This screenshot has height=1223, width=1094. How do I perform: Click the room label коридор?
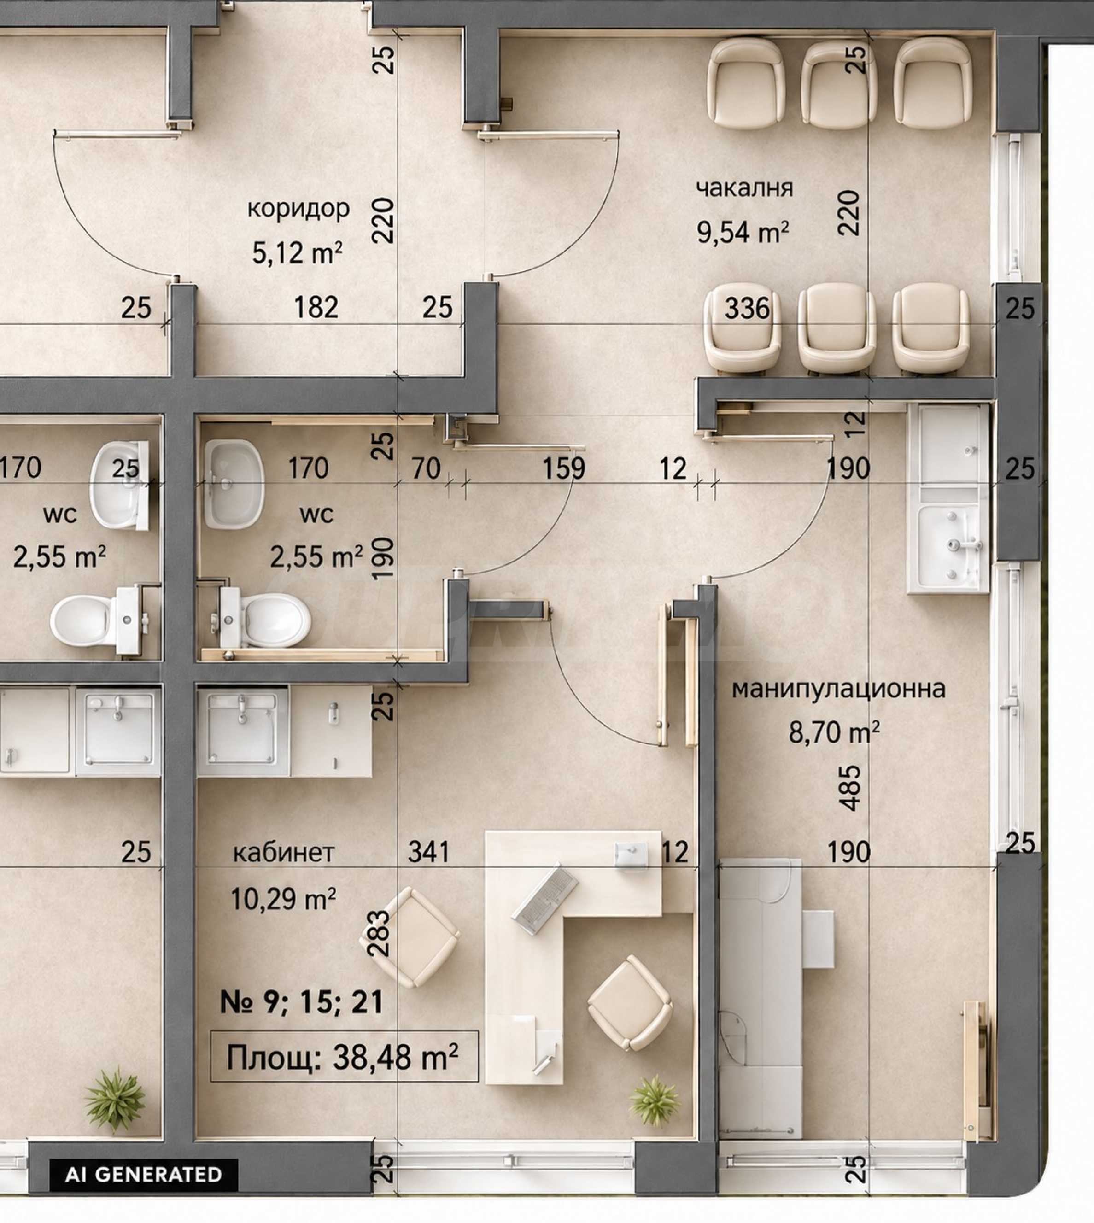tap(298, 209)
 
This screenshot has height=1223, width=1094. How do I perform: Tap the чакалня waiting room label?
tap(744, 188)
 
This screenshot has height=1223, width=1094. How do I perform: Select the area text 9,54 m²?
tap(743, 231)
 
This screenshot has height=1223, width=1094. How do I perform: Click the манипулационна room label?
tap(838, 689)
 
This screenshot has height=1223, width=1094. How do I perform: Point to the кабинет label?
tap(284, 853)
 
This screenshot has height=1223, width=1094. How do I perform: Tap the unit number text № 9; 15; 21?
tap(302, 1002)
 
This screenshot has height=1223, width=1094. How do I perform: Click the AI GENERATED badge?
tap(144, 1174)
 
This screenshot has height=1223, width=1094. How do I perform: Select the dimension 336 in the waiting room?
tap(747, 308)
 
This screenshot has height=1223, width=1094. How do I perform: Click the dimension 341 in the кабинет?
tap(428, 852)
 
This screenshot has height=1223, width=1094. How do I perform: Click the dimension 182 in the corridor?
tap(316, 308)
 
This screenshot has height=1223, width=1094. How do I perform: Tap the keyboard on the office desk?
tap(544, 899)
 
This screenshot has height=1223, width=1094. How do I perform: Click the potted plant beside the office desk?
tap(655, 1100)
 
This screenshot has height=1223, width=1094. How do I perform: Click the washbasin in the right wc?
tap(234, 484)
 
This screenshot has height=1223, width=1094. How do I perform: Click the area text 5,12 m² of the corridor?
tap(298, 252)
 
